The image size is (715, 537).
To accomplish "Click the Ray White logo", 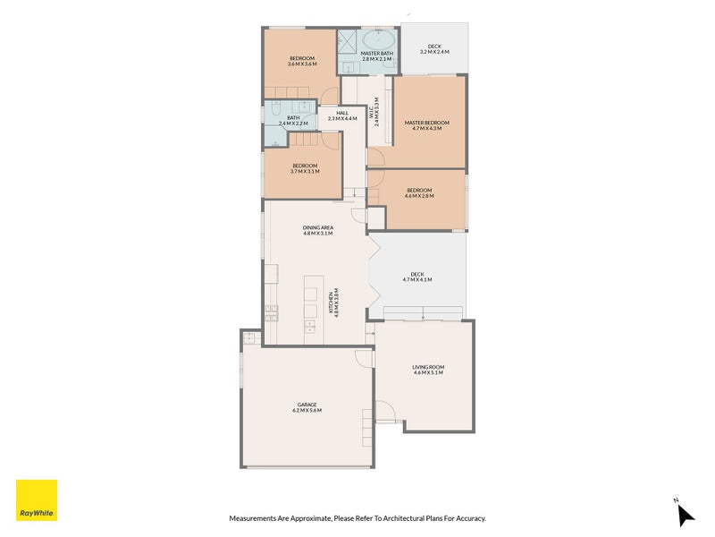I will (x=37, y=500).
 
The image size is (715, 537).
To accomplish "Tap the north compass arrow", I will (x=685, y=515).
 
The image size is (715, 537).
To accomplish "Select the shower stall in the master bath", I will (x=347, y=41).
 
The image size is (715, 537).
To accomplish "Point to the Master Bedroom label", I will (x=426, y=123).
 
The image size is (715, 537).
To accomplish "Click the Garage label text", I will (x=307, y=405).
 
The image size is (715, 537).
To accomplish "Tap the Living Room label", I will (x=428, y=367).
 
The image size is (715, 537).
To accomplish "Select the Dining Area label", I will (x=318, y=227).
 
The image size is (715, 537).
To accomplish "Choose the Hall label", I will (x=341, y=113).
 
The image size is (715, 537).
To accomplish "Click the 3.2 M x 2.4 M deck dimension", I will (x=433, y=53).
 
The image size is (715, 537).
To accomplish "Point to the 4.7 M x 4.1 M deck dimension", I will (x=416, y=280).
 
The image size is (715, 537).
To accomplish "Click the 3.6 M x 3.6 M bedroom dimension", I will (x=301, y=64).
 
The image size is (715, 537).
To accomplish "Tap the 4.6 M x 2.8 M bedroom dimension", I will (x=419, y=196).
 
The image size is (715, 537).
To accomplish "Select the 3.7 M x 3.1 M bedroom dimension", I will (x=305, y=172).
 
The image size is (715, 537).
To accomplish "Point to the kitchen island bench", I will (x=311, y=305).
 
